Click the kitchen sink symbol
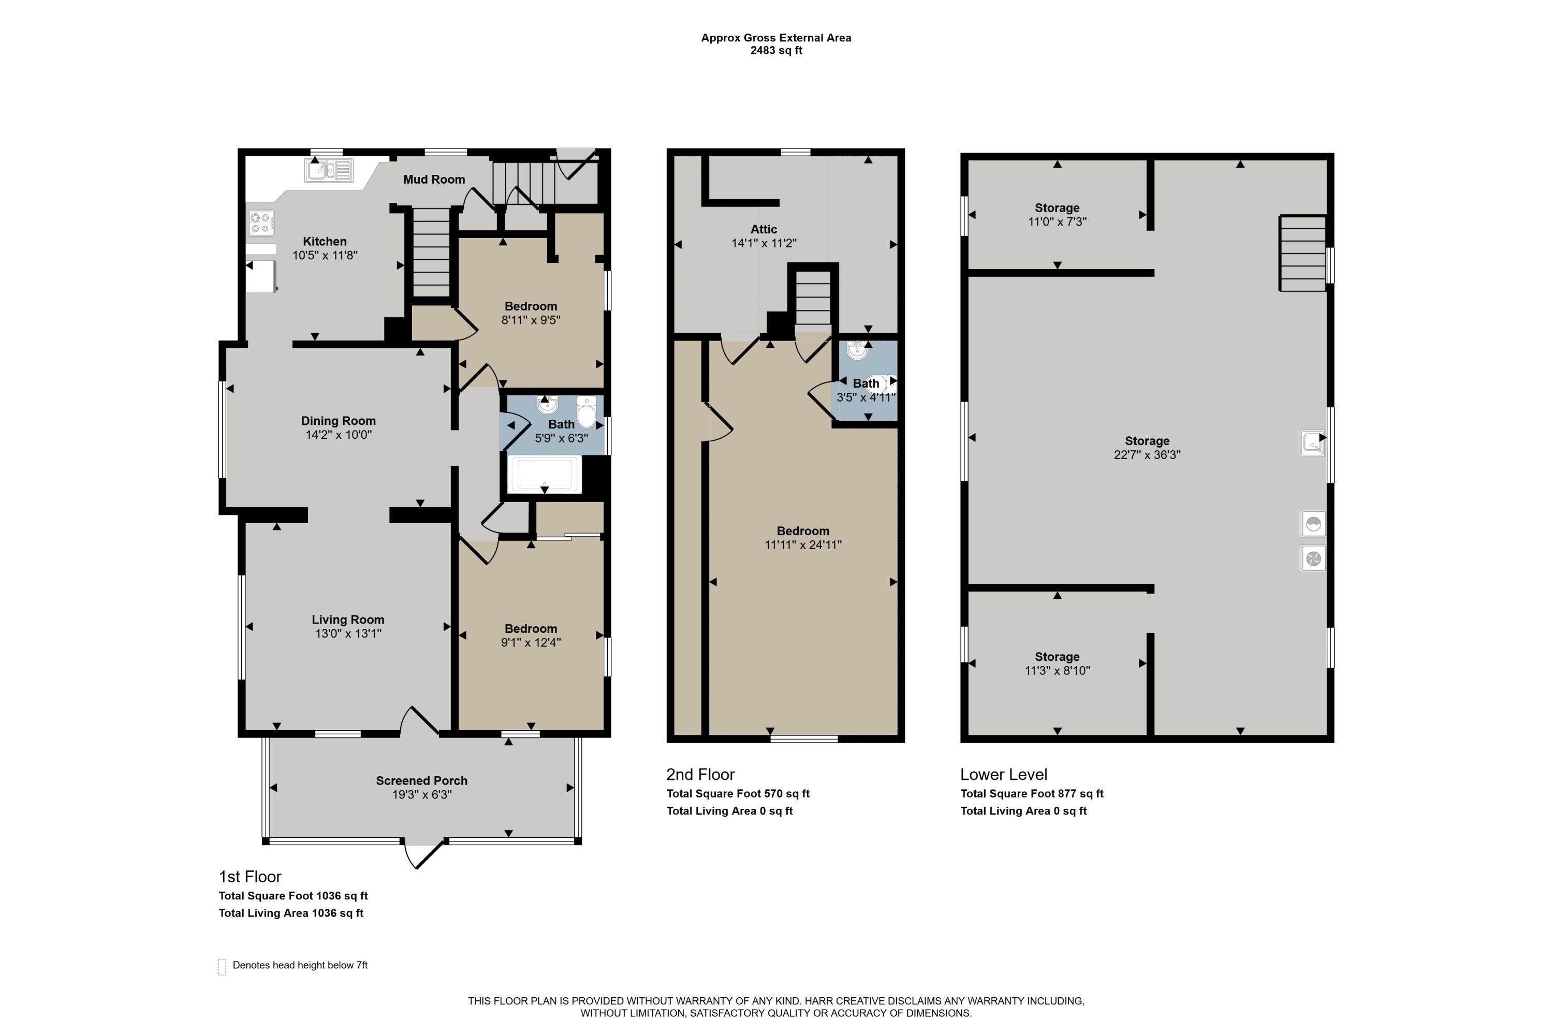pyautogui.click(x=328, y=170)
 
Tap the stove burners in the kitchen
pyautogui.click(x=261, y=223)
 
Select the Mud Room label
pyautogui.click(x=434, y=180)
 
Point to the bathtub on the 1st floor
pyautogui.click(x=545, y=474)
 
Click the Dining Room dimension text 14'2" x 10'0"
pyautogui.click(x=339, y=435)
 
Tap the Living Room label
pyautogui.click(x=348, y=620)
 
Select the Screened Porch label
pyautogui.click(x=422, y=781)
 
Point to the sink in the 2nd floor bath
pyautogui.click(x=857, y=350)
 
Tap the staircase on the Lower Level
pyautogui.click(x=1303, y=254)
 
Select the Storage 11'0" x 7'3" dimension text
pyautogui.click(x=1057, y=223)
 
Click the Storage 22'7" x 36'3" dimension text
pyautogui.click(x=1147, y=455)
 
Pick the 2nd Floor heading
pyautogui.click(x=700, y=774)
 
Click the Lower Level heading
pyautogui.click(x=1004, y=774)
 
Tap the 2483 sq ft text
pyautogui.click(x=776, y=51)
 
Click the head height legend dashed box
pyautogui.click(x=222, y=967)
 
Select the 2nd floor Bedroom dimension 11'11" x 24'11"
pyautogui.click(x=803, y=545)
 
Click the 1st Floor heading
pyautogui.click(x=250, y=877)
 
